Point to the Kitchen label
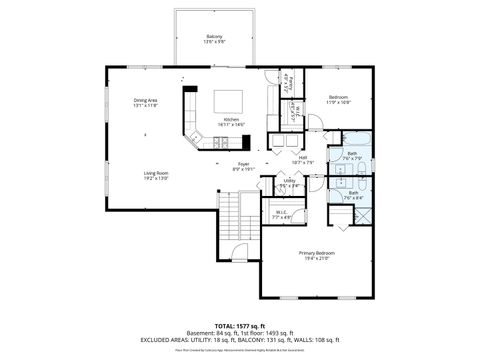tap(231, 119)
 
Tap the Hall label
tap(302, 157)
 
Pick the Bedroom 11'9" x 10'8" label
tap(338, 97)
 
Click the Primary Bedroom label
tap(317, 253)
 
